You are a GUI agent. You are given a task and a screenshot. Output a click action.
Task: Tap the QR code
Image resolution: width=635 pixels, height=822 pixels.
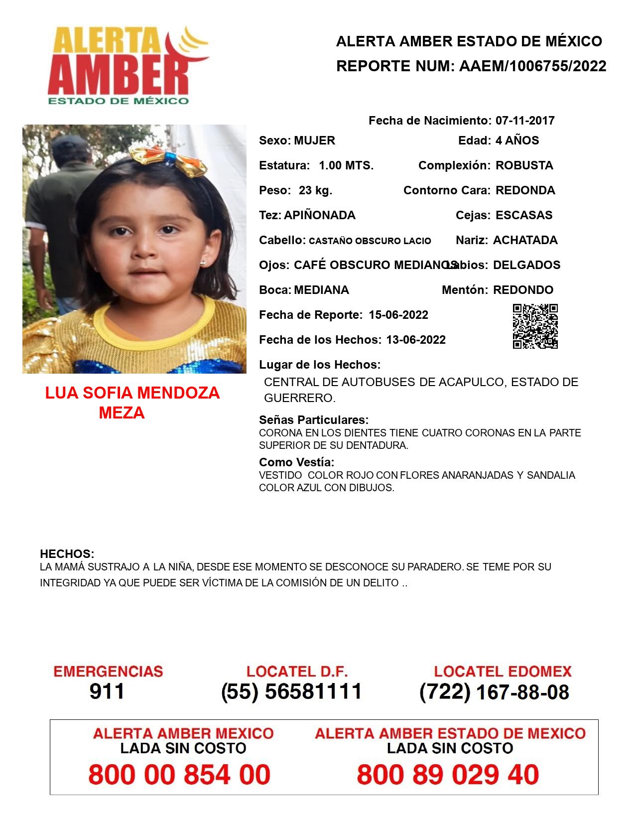pyautogui.click(x=535, y=326)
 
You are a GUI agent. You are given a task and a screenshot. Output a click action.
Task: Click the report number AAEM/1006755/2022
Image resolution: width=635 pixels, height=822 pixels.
pyautogui.click(x=532, y=66)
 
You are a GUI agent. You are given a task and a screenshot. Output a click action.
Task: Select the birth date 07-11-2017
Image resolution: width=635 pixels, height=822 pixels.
pyautogui.click(x=524, y=121)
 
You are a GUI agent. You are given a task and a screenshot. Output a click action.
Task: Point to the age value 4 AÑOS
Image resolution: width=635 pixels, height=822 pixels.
pyautogui.click(x=517, y=140)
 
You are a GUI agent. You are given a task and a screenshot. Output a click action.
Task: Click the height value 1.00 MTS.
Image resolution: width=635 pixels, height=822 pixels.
pyautogui.click(x=346, y=165)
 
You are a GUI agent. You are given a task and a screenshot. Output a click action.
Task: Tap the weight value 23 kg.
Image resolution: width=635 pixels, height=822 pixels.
pyautogui.click(x=315, y=190)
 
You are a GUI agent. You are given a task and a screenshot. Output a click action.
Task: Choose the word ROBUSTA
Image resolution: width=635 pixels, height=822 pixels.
pyautogui.click(x=524, y=165)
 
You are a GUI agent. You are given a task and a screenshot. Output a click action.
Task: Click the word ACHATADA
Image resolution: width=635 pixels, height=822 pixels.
pyautogui.click(x=525, y=240)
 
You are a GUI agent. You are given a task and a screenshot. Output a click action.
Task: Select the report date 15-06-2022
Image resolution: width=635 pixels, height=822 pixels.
pyautogui.click(x=398, y=315)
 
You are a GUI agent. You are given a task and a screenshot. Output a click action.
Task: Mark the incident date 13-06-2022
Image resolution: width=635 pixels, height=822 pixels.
pyautogui.click(x=415, y=340)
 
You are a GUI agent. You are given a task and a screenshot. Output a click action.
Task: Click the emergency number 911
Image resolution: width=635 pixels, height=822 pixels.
pyautogui.click(x=107, y=691)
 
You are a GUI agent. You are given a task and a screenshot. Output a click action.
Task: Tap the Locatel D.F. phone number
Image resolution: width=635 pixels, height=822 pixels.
pyautogui.click(x=291, y=691)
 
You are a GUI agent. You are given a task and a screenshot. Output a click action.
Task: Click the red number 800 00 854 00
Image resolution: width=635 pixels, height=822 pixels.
pyautogui.click(x=179, y=775)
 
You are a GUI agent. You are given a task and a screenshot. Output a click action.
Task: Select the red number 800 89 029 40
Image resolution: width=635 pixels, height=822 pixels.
pyautogui.click(x=447, y=775)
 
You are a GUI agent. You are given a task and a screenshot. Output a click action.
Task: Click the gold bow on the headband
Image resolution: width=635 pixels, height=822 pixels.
pyautogui.click(x=168, y=160)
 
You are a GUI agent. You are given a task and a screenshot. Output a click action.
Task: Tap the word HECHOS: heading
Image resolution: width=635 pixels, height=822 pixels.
pyautogui.click(x=67, y=554)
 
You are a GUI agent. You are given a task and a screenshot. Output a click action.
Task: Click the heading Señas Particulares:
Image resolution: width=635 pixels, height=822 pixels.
pyautogui.click(x=313, y=420)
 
